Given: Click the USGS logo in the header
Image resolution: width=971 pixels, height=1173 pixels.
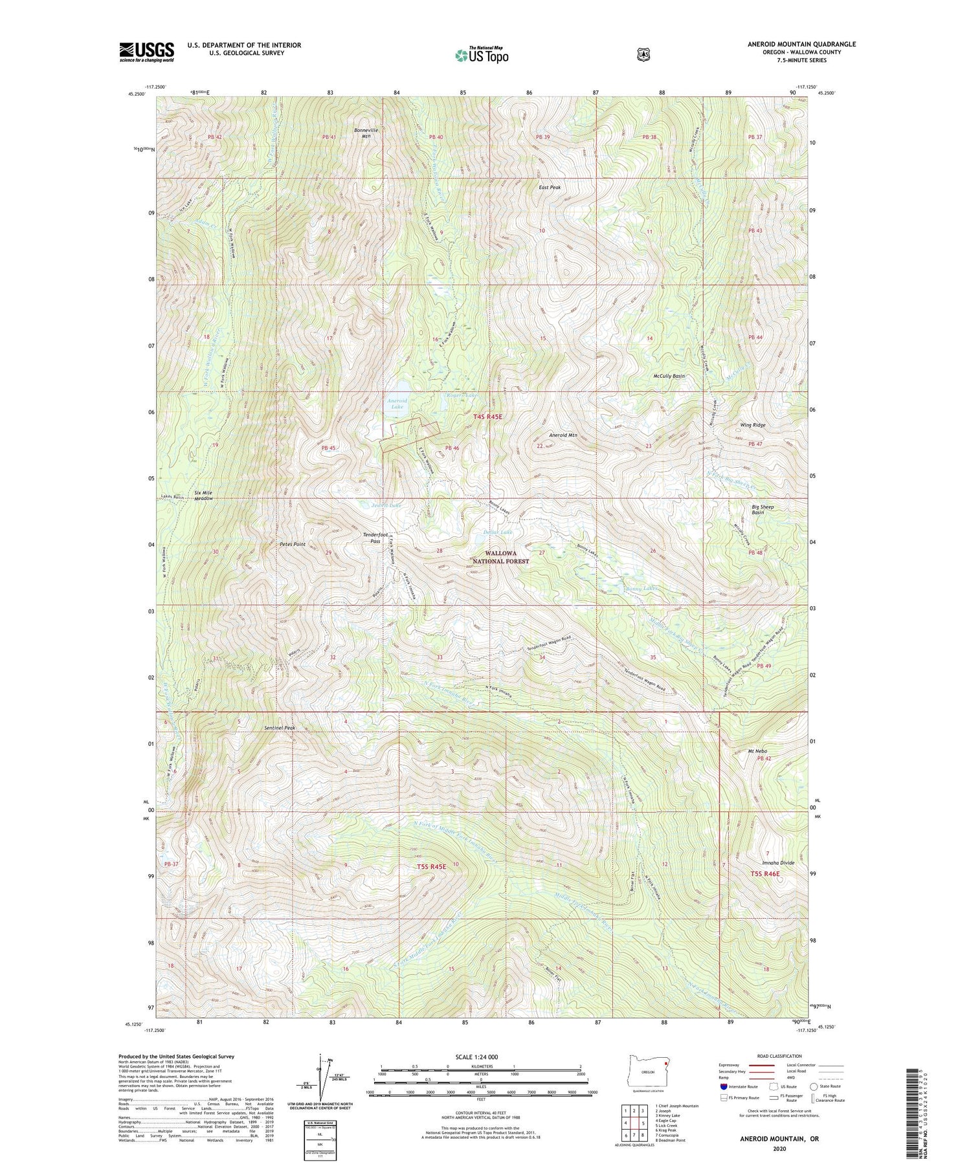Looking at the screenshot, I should point(146,52).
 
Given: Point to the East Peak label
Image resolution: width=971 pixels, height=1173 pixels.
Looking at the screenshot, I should point(550,187).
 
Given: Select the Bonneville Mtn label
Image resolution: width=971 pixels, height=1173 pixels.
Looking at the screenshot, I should point(366,133).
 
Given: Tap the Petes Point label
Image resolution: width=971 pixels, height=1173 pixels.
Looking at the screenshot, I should point(293,544).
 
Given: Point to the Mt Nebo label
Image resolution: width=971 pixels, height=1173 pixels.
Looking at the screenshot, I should point(757,751).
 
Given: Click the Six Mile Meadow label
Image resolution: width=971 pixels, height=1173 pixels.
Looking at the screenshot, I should point(203,496).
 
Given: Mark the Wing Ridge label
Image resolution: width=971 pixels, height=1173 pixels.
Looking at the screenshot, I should point(753,425).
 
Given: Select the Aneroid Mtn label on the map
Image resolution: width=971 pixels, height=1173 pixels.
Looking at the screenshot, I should point(563,435).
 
